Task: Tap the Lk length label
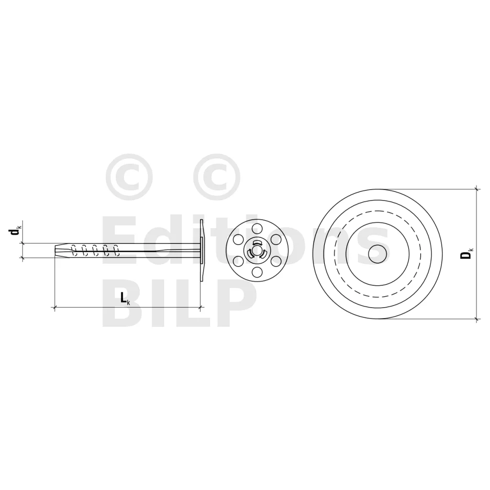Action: pos(125,298)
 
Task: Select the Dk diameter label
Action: pos(467,254)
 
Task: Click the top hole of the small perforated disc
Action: pos(257,228)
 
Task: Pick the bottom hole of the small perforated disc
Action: pos(257,272)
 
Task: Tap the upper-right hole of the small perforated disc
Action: pos(276,239)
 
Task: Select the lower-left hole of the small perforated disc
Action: pos(238,261)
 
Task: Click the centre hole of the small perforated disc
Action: pos(257,250)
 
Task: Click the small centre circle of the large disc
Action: pos(378,254)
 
